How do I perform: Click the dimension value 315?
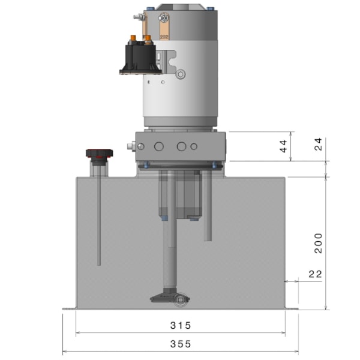click(x=180, y=326)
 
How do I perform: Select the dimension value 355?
click(x=180, y=344)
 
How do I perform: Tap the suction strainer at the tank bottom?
click(x=170, y=298)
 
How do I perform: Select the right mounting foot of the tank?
click(x=292, y=309)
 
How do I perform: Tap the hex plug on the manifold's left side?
click(x=130, y=146)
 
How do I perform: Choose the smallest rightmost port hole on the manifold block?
click(x=194, y=146)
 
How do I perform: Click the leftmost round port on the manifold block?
click(x=158, y=146)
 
